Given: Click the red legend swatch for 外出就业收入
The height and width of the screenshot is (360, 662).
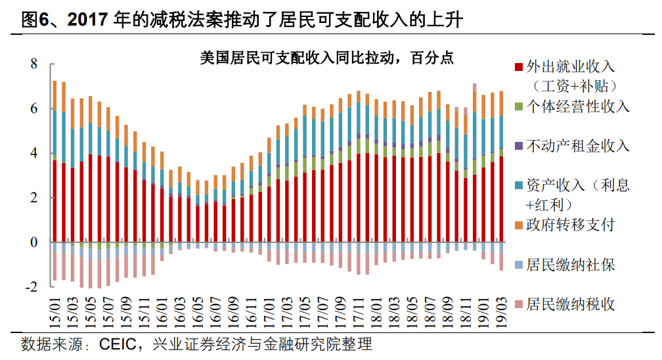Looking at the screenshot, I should coord(519,66).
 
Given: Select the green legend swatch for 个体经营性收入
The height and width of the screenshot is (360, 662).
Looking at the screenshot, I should coord(519,106).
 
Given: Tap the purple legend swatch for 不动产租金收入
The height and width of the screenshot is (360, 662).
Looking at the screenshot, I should coord(519,146).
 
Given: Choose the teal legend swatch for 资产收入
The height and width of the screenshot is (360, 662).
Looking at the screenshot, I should coord(519,186).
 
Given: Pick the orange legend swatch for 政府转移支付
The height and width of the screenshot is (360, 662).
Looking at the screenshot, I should coord(519,225).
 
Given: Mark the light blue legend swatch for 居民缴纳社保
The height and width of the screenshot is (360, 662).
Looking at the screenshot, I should coord(519,265).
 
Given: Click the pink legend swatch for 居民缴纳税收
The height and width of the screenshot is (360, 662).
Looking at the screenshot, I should coord(519,305).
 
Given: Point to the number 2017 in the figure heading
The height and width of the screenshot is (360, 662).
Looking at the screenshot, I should coord(88,20).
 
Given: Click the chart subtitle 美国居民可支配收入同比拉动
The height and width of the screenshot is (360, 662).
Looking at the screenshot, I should coord(299,58).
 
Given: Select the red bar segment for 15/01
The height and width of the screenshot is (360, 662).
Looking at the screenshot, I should coord(55,201).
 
